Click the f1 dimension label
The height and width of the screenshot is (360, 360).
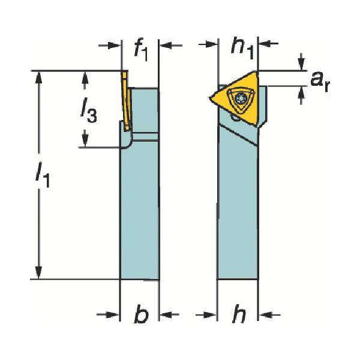141,49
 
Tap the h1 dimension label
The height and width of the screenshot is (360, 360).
242,47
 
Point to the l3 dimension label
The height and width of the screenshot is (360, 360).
88,110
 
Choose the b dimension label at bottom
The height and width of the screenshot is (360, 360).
141,314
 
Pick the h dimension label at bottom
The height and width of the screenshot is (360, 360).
239,314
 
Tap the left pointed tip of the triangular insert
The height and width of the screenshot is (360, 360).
209,98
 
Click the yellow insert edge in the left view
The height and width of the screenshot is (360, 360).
126,101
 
